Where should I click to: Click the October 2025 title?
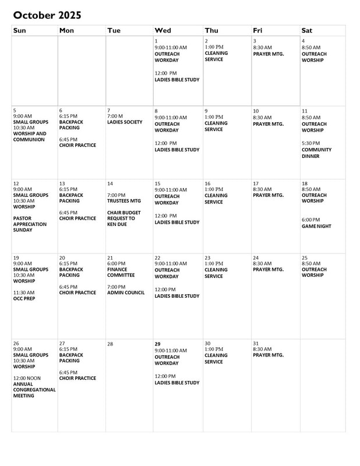(47, 15)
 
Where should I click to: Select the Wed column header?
(163, 30)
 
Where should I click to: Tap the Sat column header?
(308, 30)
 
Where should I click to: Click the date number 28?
(111, 344)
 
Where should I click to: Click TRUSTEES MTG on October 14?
(123, 201)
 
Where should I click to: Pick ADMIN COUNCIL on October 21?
(126, 292)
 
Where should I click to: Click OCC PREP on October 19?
(24, 298)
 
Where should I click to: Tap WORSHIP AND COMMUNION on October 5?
(29, 137)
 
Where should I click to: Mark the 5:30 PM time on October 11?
(311, 143)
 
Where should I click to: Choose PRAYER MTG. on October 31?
(268, 355)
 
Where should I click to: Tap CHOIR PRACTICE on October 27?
(77, 378)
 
